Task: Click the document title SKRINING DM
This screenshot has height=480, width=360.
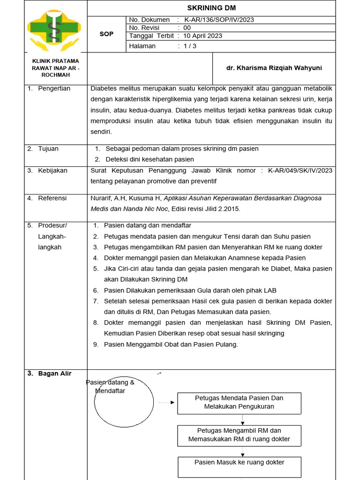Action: point(211,8)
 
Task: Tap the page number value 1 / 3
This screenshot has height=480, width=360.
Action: point(190,46)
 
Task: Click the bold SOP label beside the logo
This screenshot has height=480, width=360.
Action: point(106,34)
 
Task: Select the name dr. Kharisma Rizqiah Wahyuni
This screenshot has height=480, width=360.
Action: point(274,68)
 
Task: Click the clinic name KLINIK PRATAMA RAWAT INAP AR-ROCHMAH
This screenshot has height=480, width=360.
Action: point(55,68)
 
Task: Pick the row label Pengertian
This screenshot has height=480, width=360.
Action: point(54,89)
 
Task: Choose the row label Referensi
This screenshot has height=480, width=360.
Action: point(52,198)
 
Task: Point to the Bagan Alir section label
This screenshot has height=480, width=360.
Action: point(55,374)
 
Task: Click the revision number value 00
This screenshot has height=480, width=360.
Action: point(187,28)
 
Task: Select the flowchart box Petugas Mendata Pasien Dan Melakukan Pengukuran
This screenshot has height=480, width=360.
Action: point(239,403)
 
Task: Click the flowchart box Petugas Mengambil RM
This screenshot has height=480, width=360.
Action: point(239,435)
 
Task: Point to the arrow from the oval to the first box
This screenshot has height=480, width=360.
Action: point(166,402)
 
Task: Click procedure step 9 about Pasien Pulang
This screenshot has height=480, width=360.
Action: point(171,345)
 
